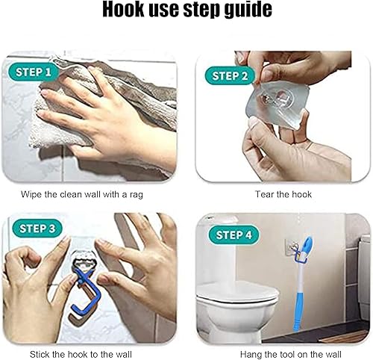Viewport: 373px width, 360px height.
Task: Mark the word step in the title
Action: [x=197, y=10]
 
